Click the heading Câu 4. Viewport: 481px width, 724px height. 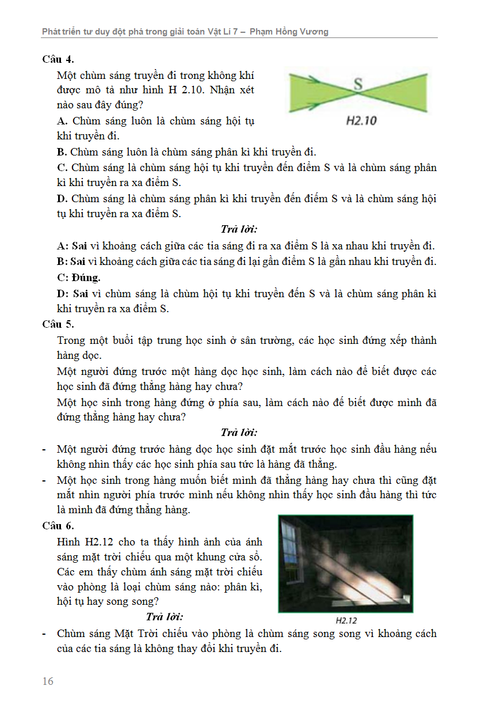click(58, 59)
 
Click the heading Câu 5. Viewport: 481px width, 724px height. click(58, 324)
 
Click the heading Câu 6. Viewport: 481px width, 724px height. click(58, 525)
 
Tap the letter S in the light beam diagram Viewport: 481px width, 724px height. click(358, 84)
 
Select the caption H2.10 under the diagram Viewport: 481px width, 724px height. click(361, 121)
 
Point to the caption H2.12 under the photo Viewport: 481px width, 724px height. click(346, 621)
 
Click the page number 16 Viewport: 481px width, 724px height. click(48, 681)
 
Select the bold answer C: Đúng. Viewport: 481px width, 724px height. click(79, 277)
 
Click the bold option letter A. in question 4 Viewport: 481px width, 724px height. click(63, 121)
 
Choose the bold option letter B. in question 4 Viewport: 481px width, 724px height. click(63, 152)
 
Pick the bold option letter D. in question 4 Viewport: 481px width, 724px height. click(63, 199)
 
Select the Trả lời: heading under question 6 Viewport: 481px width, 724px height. click(165, 617)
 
